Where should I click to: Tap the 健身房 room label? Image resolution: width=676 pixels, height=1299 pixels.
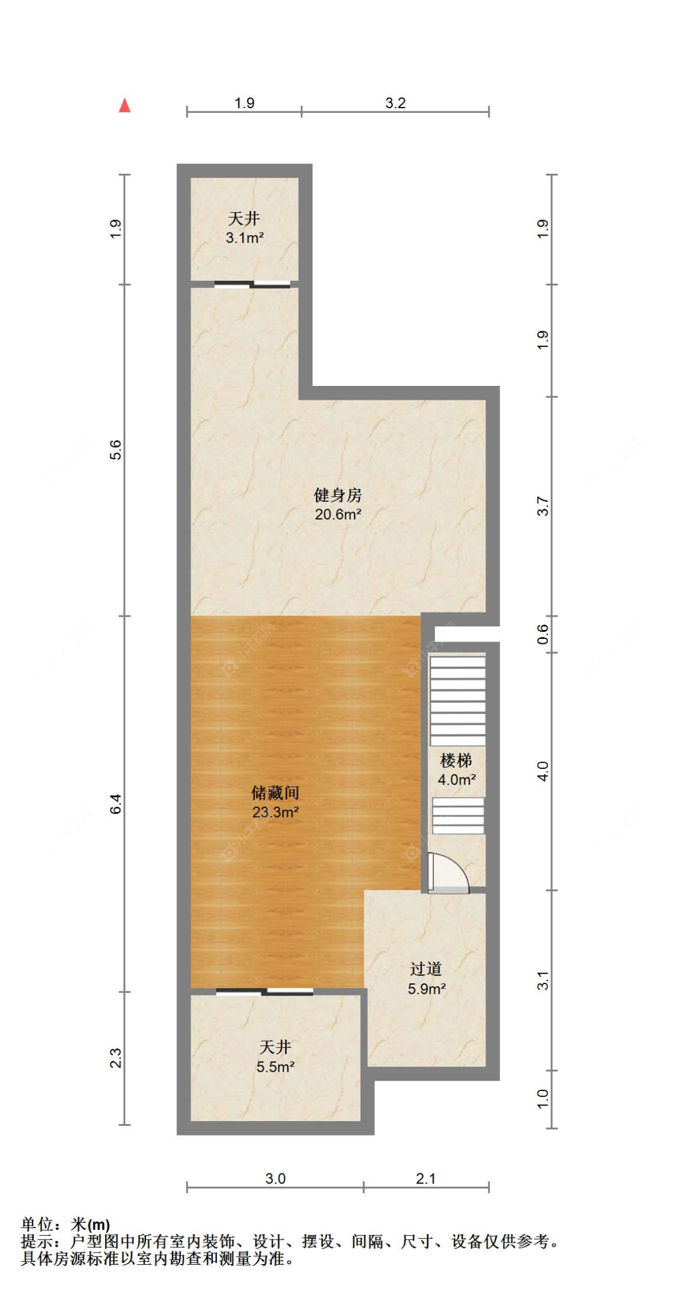[338, 495]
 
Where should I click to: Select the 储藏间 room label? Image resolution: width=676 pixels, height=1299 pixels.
[275, 792]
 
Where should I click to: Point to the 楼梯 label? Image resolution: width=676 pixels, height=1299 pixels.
[456, 760]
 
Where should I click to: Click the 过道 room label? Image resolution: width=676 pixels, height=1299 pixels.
[426, 969]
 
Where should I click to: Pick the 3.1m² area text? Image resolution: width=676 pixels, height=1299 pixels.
[245, 237]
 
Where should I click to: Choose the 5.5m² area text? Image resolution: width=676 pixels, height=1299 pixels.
[275, 1067]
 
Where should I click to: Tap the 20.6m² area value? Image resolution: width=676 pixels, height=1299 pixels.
[338, 514]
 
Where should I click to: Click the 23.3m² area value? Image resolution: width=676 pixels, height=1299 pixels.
[275, 812]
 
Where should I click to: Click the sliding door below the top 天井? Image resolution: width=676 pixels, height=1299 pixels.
[252, 284]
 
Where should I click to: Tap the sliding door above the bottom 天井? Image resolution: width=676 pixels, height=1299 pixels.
[264, 992]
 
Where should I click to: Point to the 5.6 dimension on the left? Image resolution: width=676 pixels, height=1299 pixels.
[115, 450]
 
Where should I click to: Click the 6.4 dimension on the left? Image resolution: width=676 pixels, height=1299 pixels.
[115, 804]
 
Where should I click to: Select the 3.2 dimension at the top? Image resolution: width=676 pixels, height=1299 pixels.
[395, 103]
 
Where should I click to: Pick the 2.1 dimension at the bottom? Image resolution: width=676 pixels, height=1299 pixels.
[425, 1178]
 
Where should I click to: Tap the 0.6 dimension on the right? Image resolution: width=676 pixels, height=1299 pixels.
[543, 634]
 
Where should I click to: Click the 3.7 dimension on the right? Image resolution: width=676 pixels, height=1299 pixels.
[543, 506]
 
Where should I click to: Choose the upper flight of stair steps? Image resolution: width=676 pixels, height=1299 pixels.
[458, 701]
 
